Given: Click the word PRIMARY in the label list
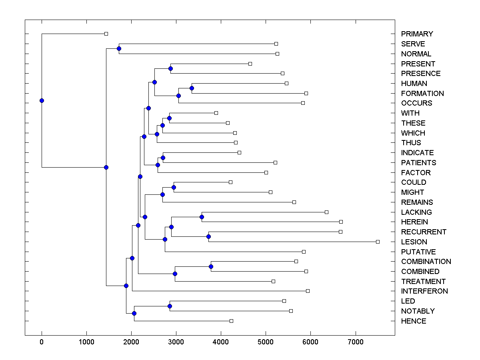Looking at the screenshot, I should (x=417, y=34).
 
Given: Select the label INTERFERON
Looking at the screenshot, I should (x=424, y=291).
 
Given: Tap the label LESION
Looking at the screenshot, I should (x=414, y=242).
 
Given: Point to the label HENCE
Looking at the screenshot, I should (x=414, y=321).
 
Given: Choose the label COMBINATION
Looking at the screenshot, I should (x=426, y=262).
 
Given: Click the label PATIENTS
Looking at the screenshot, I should (x=418, y=163).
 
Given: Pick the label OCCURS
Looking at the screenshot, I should (x=416, y=103).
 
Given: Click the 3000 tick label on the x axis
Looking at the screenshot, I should (x=176, y=342).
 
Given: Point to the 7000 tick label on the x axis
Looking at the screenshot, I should (x=355, y=342).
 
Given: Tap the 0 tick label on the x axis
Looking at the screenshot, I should (x=42, y=342).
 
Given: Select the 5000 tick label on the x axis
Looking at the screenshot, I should (x=266, y=342).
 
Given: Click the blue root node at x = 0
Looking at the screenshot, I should (x=42, y=100).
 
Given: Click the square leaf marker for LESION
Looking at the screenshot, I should (x=378, y=242).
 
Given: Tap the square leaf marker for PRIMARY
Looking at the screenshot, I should (x=106, y=34).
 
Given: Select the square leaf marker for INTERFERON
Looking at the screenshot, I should (x=308, y=291).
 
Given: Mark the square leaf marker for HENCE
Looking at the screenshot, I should (x=231, y=321).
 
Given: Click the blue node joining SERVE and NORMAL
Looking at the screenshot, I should (x=119, y=48).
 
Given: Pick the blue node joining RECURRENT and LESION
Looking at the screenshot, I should (x=208, y=236).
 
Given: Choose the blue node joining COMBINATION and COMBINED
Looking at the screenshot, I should (x=211, y=266).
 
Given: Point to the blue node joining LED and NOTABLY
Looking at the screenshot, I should (x=170, y=306).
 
